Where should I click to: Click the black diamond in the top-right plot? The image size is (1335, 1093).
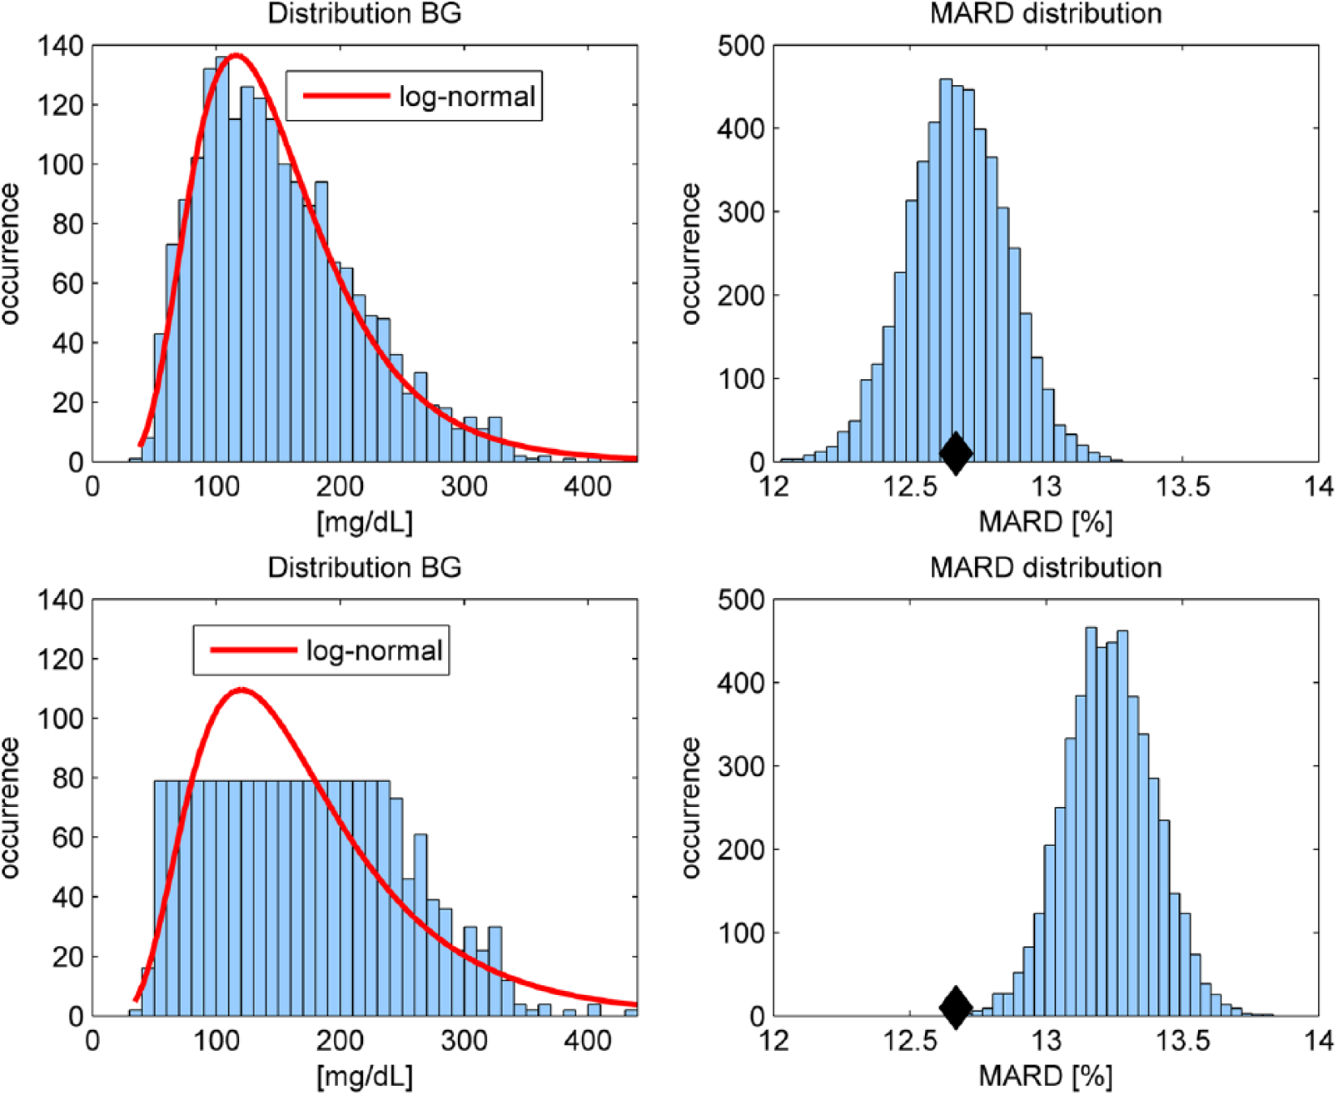coord(956,453)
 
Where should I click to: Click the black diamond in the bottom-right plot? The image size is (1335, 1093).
coord(956,1007)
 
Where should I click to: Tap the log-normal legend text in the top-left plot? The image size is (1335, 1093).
coord(467,96)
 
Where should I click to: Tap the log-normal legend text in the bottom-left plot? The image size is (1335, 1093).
coord(374,651)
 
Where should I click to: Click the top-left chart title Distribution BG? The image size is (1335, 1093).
coord(365,14)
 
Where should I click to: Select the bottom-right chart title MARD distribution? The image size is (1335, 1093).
coord(1046,567)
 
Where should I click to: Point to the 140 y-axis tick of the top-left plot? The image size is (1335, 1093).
coord(60,46)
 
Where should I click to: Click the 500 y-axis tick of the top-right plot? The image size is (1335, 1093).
coord(742,46)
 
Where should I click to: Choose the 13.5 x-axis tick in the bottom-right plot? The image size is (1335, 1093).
coord(1183,1040)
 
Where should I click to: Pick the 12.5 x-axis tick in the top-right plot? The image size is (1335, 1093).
coord(911,486)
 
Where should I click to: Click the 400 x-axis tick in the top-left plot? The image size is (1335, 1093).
coord(588,486)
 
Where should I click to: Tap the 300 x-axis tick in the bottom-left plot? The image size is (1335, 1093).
coord(464,1040)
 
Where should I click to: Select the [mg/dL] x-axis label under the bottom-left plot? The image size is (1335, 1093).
coord(365,1076)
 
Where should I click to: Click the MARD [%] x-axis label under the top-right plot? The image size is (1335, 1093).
coord(1046,522)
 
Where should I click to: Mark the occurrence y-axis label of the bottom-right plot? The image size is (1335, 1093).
coord(691,808)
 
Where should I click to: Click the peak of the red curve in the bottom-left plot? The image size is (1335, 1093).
coord(242,690)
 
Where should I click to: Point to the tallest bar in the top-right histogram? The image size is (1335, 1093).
coord(945,271)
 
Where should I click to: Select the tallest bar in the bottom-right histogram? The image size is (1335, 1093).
coord(1091,822)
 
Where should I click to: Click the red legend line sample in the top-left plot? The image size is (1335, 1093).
coord(346,96)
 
